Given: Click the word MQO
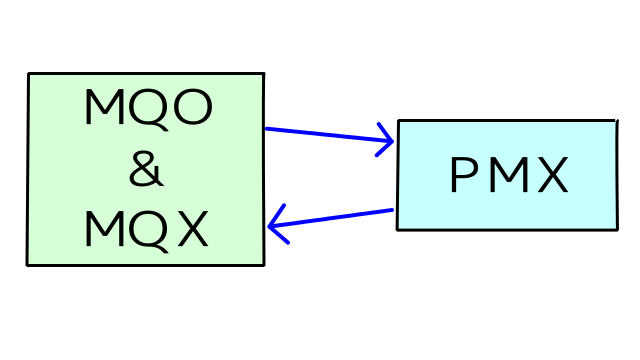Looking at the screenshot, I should pos(147,108).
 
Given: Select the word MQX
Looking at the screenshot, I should pos(146,230).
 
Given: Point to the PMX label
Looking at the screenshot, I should pos(508,177).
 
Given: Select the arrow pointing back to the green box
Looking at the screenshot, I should pos(330,219).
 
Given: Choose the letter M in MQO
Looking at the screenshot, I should pos(104,108).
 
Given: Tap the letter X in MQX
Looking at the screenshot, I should pos(190,230).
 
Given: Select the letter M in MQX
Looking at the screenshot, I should pos(104,230).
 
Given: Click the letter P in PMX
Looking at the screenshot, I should pos(464,177).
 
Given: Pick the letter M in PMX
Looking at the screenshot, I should pos(507,177).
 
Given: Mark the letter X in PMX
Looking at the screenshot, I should pos(550,177).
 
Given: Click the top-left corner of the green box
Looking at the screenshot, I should pos(29,74).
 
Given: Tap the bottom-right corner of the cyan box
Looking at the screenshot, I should pos(614,229).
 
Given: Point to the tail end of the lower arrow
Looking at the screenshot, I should pos(392,210).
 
